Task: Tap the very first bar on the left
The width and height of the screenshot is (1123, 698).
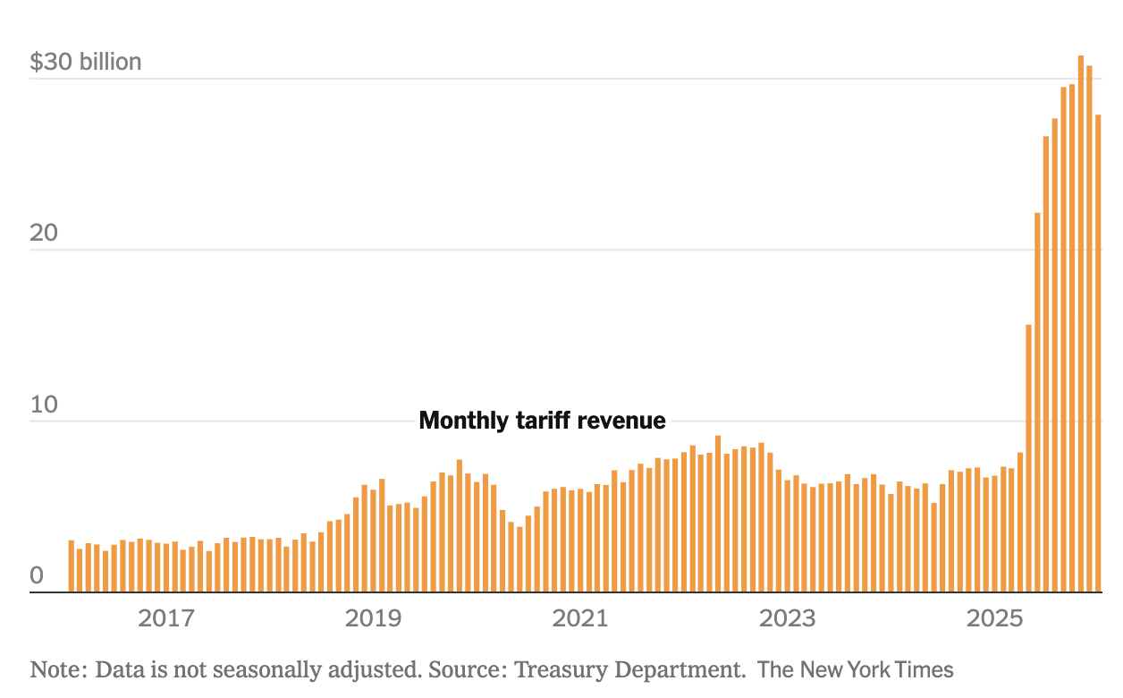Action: (72, 566)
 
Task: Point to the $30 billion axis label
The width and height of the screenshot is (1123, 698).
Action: (86, 62)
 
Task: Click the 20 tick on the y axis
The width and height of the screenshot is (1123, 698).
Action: (43, 234)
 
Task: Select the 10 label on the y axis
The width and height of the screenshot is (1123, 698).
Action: (43, 404)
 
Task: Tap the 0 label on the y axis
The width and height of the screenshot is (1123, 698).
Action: (37, 575)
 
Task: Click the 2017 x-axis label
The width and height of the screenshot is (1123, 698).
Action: (166, 617)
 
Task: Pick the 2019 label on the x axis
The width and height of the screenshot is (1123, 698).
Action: (374, 617)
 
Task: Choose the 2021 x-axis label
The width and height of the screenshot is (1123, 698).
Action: (580, 617)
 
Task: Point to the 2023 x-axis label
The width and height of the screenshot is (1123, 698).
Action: (787, 617)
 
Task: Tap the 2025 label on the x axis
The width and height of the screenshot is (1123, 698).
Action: (994, 617)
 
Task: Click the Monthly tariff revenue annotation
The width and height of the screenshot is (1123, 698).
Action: (543, 421)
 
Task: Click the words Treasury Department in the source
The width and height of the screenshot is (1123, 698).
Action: (629, 669)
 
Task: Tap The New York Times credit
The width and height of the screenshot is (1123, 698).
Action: (856, 669)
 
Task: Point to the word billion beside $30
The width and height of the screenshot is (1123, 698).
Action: (110, 62)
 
